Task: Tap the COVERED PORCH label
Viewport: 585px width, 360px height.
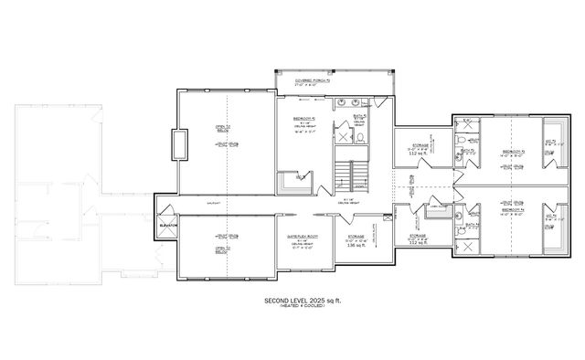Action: tap(312, 80)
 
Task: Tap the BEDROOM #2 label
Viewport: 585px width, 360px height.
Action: tap(306, 118)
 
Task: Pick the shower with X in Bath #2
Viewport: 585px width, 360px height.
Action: tap(343, 135)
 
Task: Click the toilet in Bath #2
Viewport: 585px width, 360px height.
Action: tap(359, 138)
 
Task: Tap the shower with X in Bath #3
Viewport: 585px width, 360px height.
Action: tap(465, 132)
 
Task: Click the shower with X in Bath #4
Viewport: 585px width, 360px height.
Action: tap(465, 245)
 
